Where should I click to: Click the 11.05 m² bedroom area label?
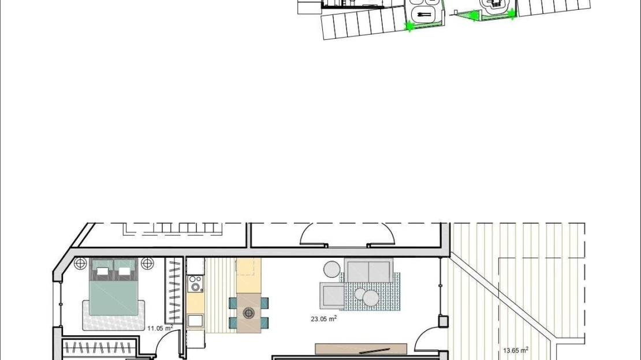(x=161, y=327)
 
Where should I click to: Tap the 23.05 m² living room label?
(x=324, y=318)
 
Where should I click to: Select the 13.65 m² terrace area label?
(x=516, y=350)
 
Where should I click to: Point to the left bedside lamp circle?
(x=80, y=263)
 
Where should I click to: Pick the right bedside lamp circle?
(x=147, y=263)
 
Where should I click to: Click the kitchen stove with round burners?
(x=195, y=284)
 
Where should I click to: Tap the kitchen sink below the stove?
(x=195, y=321)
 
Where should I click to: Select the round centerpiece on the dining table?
(x=248, y=313)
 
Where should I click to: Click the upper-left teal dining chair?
(x=233, y=303)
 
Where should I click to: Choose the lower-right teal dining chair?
(x=264, y=323)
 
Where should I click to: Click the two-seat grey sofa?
(x=368, y=270)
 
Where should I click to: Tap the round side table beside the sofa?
(x=332, y=269)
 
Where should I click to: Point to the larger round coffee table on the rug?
(x=371, y=298)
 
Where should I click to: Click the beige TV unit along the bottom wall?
(x=361, y=349)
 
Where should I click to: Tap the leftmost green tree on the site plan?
(x=408, y=27)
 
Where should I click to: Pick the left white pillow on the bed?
(x=102, y=271)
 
